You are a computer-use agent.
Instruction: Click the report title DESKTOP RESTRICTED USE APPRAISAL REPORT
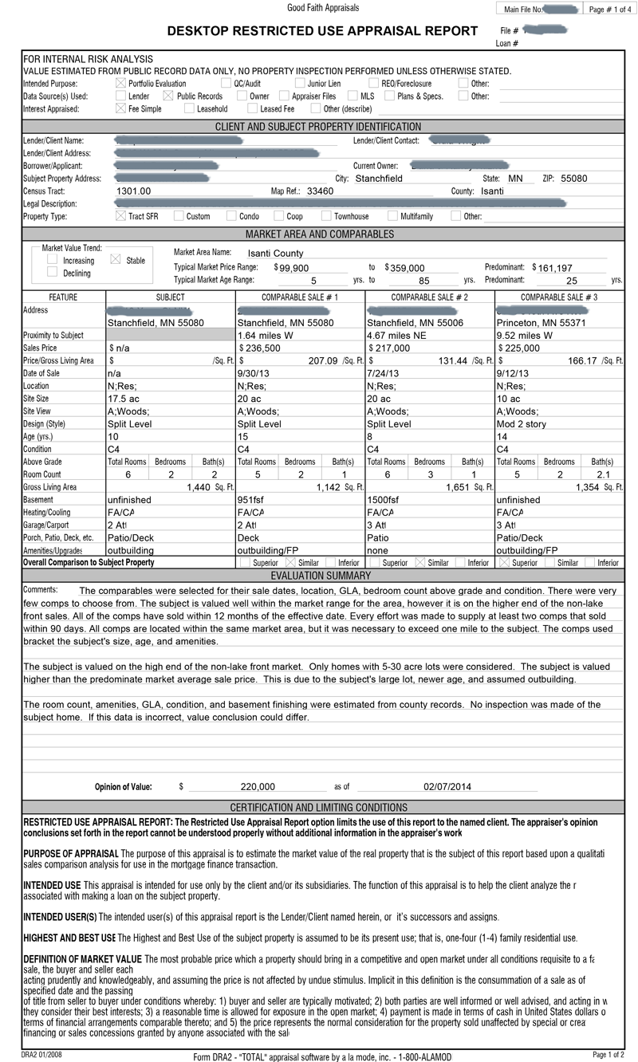coord(322,31)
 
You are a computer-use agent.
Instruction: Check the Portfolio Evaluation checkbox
coord(120,83)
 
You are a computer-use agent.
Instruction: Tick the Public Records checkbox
coord(167,96)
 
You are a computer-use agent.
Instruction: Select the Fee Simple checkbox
coord(120,108)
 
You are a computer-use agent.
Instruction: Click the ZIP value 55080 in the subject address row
coord(573,179)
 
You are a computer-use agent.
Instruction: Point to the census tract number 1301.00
coord(134,191)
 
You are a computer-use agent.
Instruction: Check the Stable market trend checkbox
coord(114,260)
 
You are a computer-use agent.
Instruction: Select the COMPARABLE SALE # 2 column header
coord(429,297)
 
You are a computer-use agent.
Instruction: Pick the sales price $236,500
coord(260,348)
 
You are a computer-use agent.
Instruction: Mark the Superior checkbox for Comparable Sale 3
coord(504,563)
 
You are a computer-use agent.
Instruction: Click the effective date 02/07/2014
coord(447,787)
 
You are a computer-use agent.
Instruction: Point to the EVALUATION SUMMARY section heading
coord(320,576)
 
